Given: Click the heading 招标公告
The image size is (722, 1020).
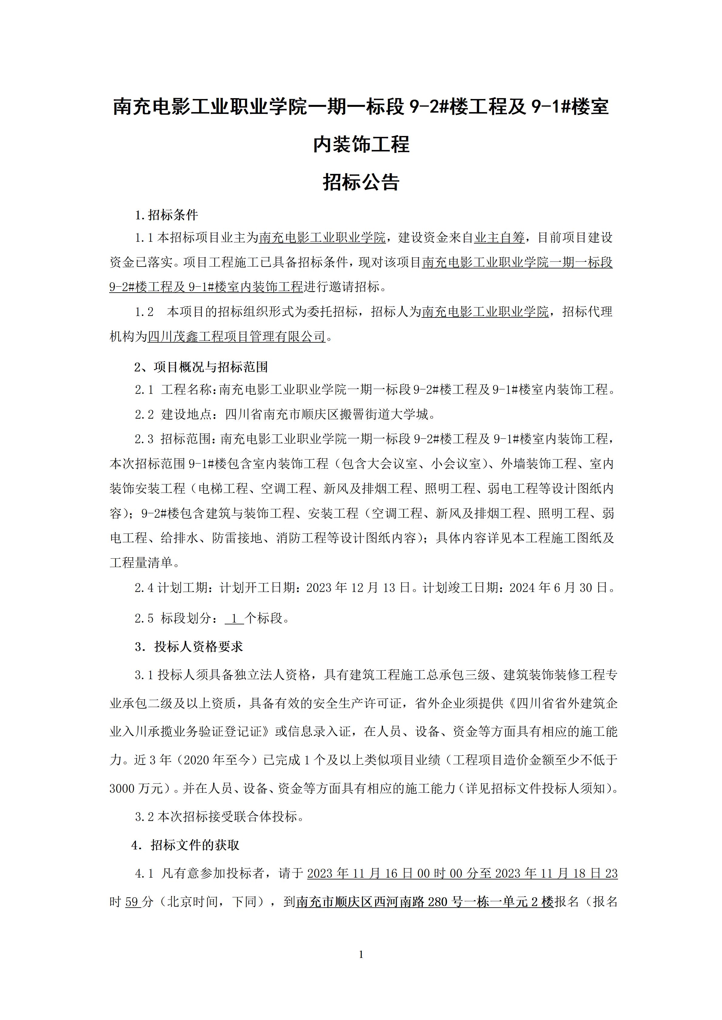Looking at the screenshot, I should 361,182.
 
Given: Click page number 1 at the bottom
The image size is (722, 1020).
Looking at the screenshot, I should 361,954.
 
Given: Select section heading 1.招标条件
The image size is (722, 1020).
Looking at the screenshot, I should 167,215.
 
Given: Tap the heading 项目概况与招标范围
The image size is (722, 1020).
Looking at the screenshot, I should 211,367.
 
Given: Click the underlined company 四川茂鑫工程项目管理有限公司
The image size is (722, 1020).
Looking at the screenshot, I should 237,337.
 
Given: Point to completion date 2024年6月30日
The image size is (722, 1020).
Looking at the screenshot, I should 558,588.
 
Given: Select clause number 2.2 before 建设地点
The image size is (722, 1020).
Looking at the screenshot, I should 144,414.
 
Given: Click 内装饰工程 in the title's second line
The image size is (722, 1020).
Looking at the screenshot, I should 361,145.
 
